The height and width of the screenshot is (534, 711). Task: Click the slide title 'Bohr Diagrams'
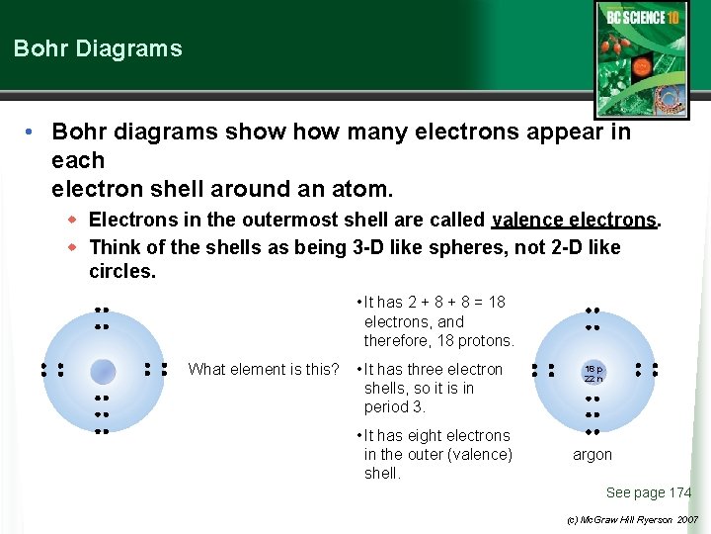[x=98, y=48]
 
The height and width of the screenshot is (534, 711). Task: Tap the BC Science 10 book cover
[x=642, y=47]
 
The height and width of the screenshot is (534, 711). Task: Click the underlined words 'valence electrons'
[x=574, y=220]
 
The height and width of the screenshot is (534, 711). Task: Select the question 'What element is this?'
[x=264, y=370]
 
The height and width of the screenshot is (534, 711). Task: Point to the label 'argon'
[x=592, y=455]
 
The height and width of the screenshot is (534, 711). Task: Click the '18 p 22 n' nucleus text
[x=592, y=372]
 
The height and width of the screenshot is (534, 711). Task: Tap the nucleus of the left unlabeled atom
[x=102, y=371]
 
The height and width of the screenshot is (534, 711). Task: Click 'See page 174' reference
[x=649, y=492]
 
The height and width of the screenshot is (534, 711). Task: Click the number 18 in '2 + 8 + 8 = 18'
[x=496, y=303]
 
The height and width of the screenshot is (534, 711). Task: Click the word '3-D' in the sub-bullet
[x=371, y=247]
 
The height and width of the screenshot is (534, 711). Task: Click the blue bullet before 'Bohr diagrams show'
[x=33, y=132]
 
